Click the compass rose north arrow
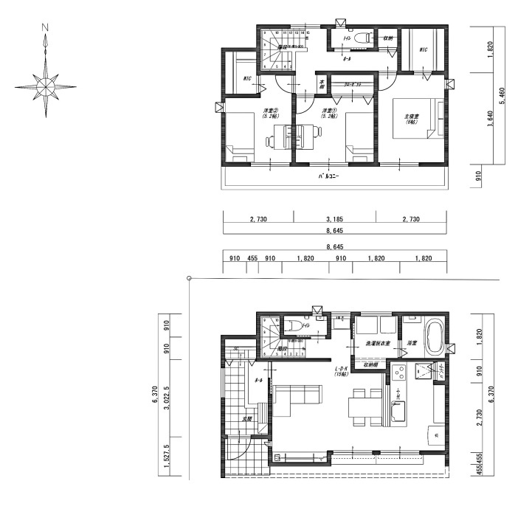point(46,86)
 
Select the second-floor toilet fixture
point(362,37)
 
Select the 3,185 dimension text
point(334,220)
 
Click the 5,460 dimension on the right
point(502,96)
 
